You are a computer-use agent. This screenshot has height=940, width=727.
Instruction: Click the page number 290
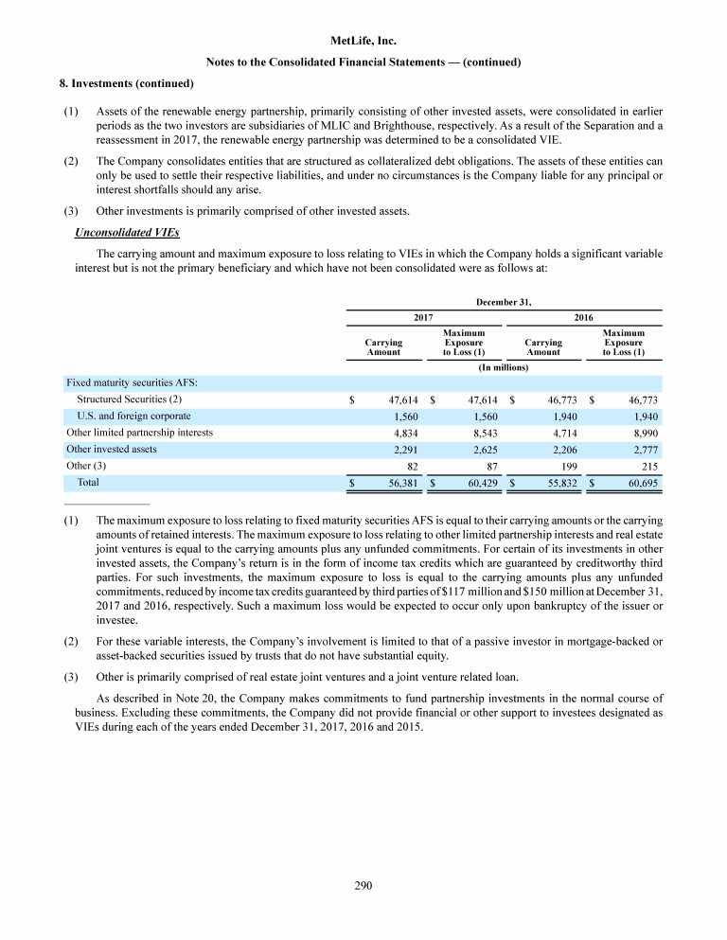click(363, 885)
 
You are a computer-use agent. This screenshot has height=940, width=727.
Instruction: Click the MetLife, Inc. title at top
click(363, 42)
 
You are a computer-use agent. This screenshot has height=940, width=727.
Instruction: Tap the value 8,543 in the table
click(484, 433)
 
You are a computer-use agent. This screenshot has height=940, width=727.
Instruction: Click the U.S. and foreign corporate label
click(133, 416)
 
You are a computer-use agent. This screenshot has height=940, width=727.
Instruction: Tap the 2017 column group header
click(423, 318)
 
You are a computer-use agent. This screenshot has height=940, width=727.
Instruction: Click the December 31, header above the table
click(503, 302)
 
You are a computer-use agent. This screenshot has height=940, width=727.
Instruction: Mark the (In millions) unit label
click(503, 366)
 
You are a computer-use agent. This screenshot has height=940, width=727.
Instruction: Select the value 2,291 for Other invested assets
click(406, 450)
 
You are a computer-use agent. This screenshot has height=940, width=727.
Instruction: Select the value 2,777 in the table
click(643, 450)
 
